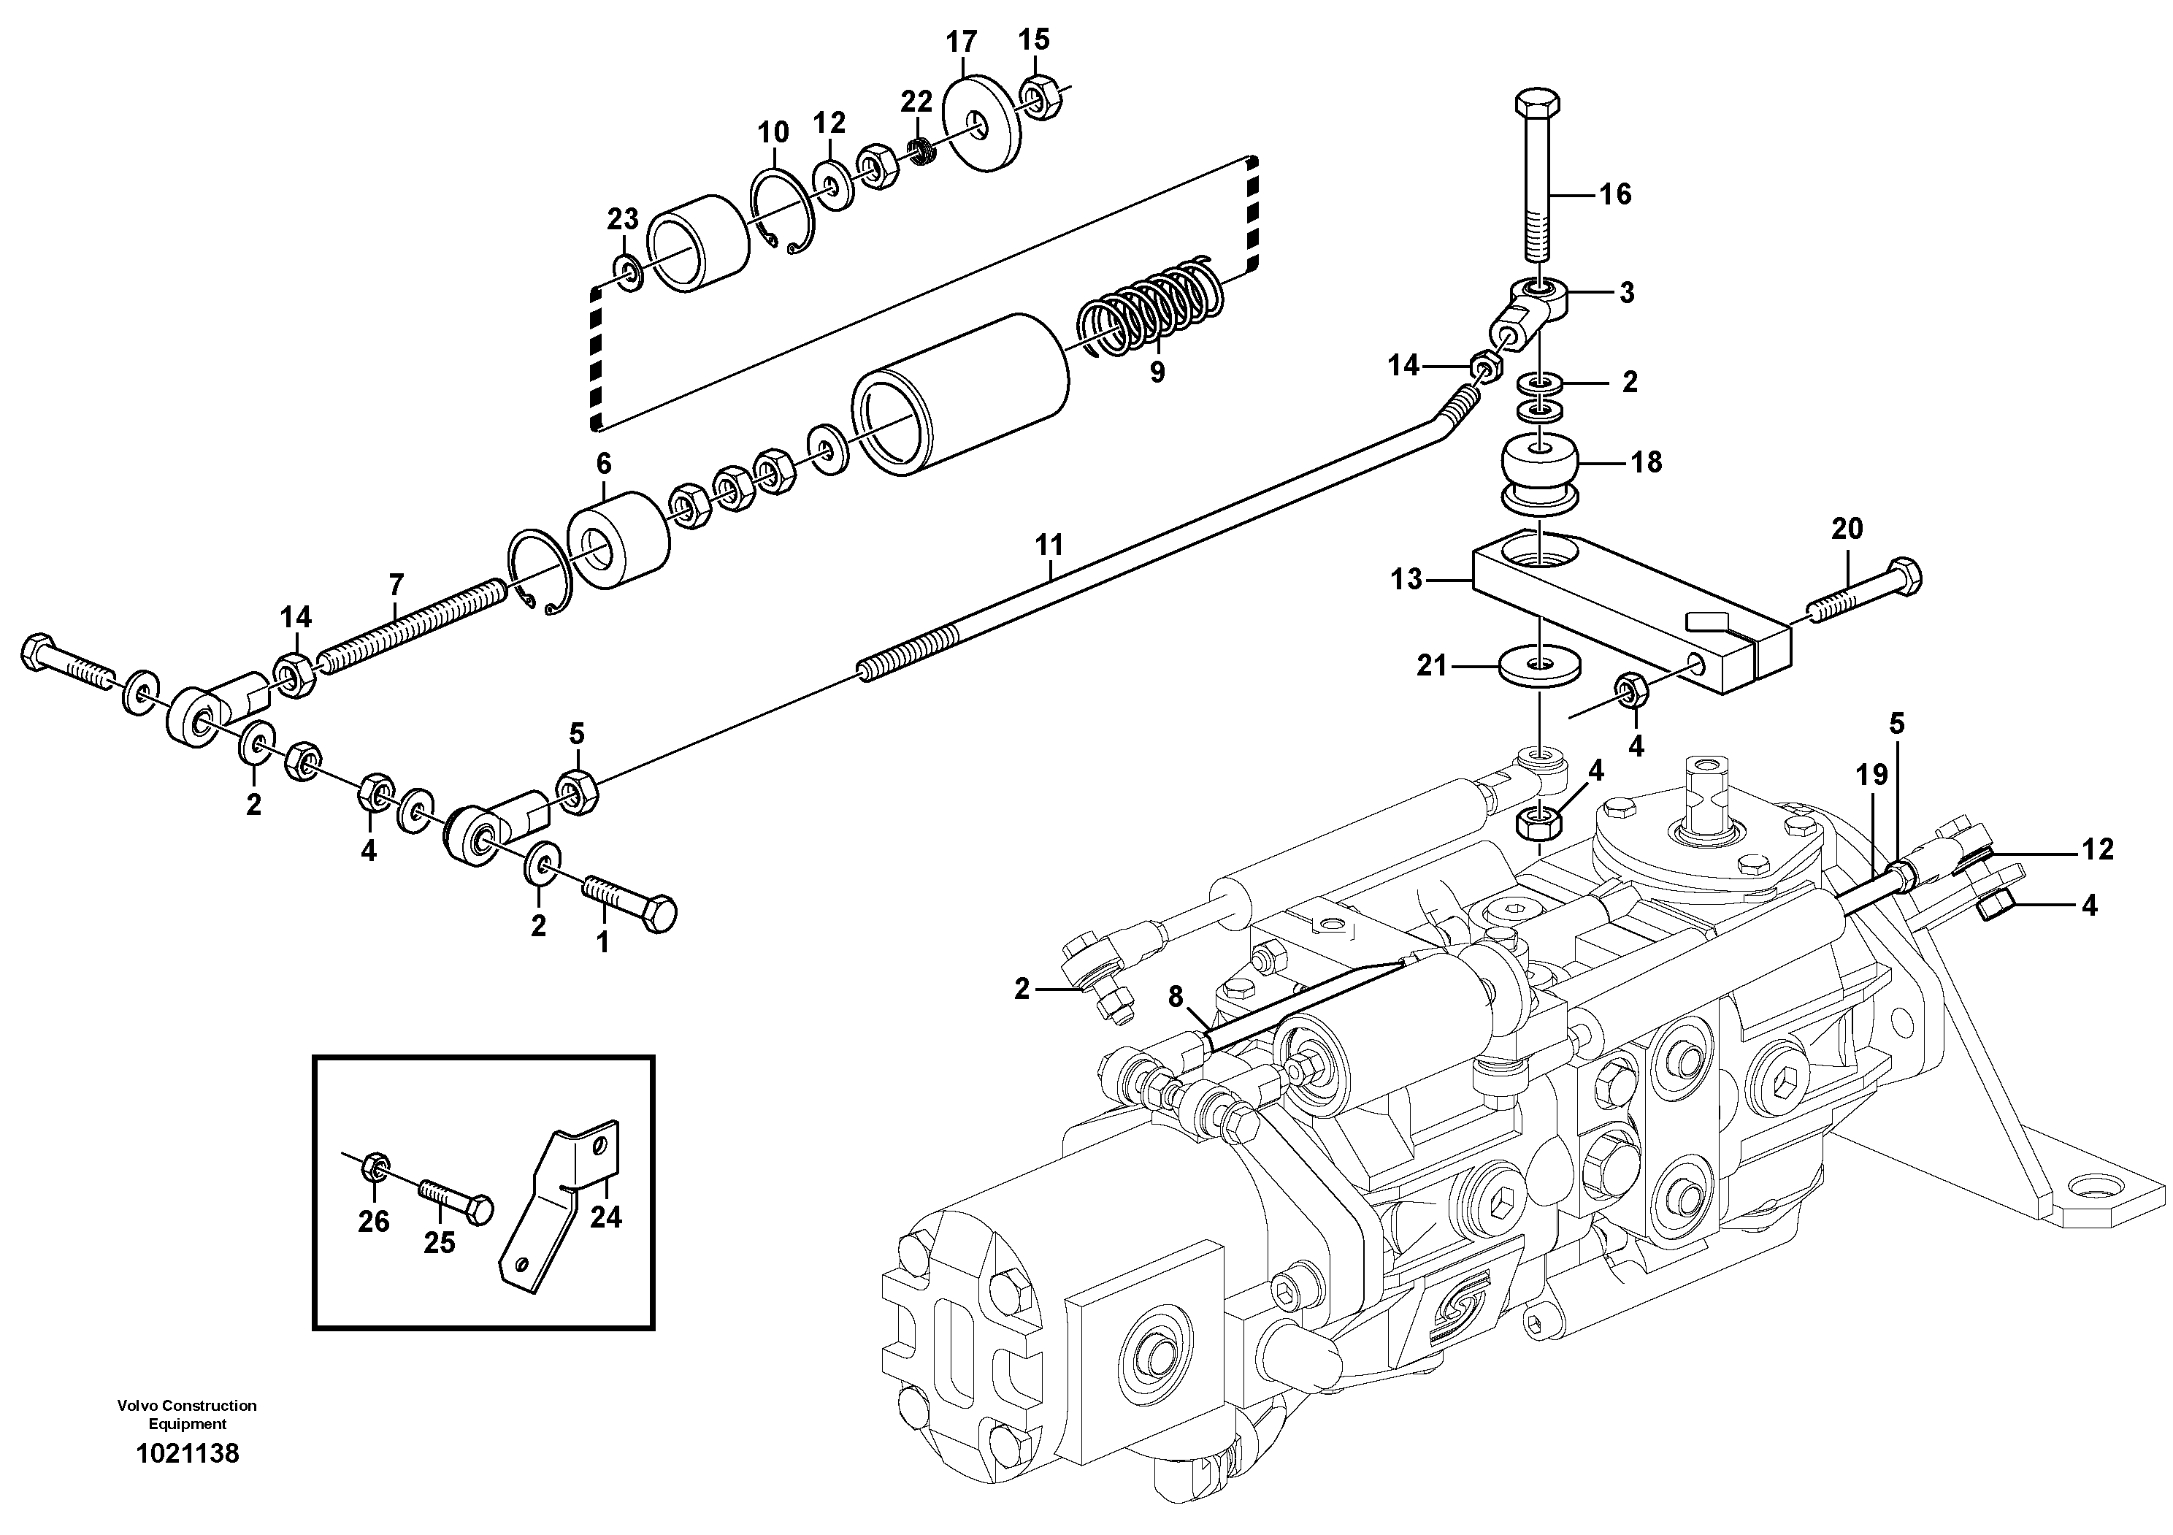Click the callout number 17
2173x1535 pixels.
(x=961, y=42)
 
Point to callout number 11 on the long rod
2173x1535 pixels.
(x=1049, y=545)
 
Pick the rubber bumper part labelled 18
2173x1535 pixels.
(x=1544, y=473)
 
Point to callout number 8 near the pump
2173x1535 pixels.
(x=1175, y=997)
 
